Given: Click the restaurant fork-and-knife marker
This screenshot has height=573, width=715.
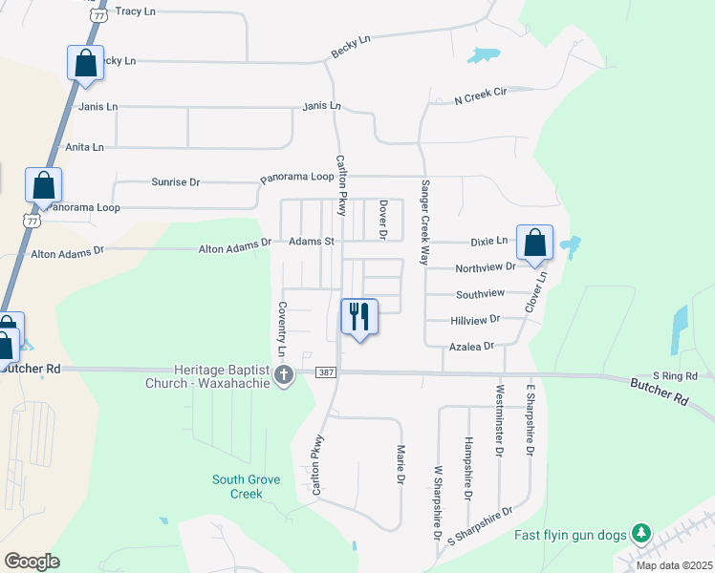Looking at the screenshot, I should click(x=359, y=316).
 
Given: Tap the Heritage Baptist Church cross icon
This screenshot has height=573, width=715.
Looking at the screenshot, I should click(x=284, y=375).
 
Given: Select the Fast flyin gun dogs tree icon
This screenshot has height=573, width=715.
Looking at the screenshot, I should click(x=644, y=532).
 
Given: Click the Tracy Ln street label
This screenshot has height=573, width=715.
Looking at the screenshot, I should click(x=135, y=11).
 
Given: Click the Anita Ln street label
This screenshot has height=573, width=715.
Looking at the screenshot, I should click(x=84, y=147).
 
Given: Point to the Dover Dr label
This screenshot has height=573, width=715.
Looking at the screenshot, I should click(x=382, y=219).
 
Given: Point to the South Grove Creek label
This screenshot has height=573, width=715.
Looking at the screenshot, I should click(x=247, y=486).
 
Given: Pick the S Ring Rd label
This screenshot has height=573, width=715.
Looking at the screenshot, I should click(x=676, y=375).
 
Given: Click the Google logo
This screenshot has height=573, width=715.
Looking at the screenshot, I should click(x=32, y=561).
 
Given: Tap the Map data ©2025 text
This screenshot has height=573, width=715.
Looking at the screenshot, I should click(x=673, y=565).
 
